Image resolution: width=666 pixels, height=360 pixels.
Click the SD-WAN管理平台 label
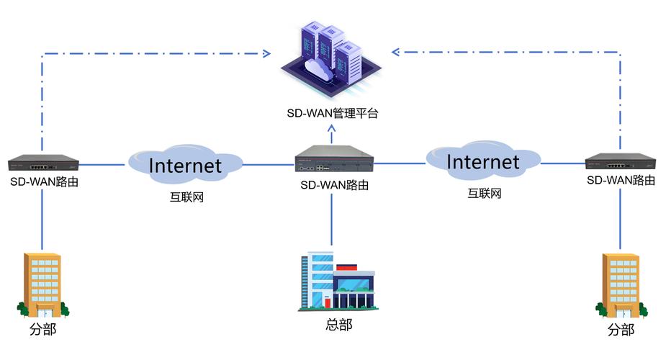tap(332, 113)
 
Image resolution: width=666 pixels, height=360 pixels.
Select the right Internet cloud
tap(482, 161)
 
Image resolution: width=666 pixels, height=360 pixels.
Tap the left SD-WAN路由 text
tap(44, 181)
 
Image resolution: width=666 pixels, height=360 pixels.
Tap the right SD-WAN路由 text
tap(621, 180)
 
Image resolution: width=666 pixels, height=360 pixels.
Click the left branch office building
tap(42, 285)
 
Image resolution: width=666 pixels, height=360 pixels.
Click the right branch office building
tap(621, 285)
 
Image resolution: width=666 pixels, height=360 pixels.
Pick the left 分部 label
tap(43, 330)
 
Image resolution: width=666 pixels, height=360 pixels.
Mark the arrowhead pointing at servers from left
tap(267, 53)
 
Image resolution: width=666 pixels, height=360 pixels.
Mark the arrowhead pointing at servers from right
tap(396, 52)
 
